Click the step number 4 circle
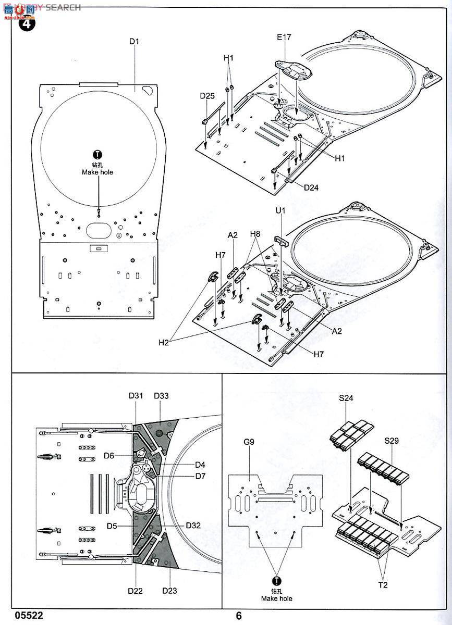[x=26, y=24]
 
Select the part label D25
[x=207, y=96]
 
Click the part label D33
[x=161, y=396]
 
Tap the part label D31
[x=136, y=396]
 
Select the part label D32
[x=193, y=526]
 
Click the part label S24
[x=346, y=398]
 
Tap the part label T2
[x=383, y=585]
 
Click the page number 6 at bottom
[x=239, y=616]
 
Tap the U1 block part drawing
[x=282, y=241]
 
